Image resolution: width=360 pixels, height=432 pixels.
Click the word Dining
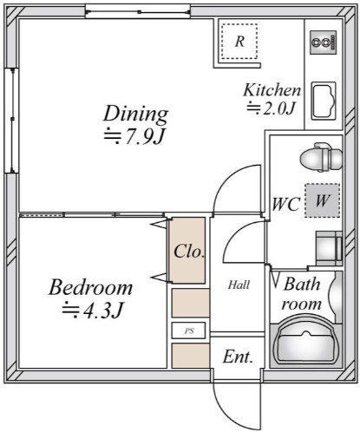pos(135,114)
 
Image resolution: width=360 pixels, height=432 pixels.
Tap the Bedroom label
pos(90,287)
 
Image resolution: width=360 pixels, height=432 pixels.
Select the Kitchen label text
pos(272,90)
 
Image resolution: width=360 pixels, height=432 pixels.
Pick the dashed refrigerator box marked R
pos(239,42)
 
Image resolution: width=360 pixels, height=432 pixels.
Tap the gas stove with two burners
pos(324,43)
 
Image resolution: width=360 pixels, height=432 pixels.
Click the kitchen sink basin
pos(324,101)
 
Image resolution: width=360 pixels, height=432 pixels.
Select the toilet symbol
pos(321,157)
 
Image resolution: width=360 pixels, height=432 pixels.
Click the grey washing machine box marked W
pos(322,200)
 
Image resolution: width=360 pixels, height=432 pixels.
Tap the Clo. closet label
pos(189,252)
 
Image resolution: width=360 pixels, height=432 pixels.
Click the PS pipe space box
pos(188,331)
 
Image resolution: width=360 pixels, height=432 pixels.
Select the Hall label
pos(239,285)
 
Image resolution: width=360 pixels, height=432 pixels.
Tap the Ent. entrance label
pos(238,357)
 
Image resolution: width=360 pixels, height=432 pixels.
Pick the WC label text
pos(286,204)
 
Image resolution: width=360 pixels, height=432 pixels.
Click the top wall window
pos(138,12)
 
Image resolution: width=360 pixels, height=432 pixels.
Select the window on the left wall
pos(12,121)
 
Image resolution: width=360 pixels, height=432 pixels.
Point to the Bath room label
pos(302,294)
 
